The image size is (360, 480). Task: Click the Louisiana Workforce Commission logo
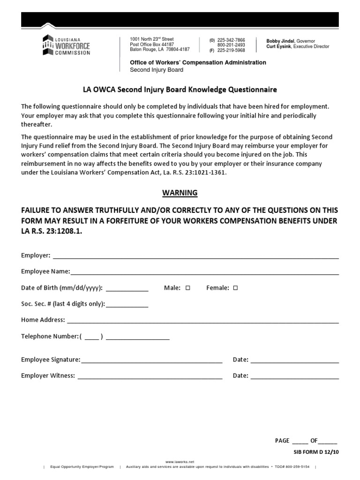click(66, 45)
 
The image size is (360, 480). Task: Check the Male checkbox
click(187, 288)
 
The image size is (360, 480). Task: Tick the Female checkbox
click(235, 288)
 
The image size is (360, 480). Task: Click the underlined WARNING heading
click(180, 193)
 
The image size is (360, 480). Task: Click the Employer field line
click(195, 256)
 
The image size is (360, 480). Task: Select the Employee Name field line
click(204, 272)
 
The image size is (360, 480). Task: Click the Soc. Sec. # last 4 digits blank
click(127, 305)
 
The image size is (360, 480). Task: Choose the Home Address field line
click(202, 321)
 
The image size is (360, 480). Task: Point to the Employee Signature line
click(151, 361)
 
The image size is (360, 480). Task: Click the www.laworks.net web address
click(180, 462)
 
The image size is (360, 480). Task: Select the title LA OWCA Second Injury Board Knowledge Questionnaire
click(180, 89)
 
